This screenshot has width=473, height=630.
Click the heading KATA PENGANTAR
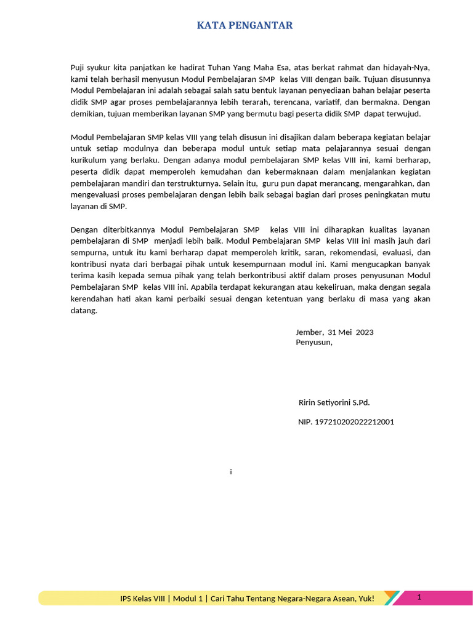tap(245, 25)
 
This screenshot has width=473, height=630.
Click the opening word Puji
tap(78, 68)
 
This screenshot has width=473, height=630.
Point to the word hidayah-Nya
tap(409, 68)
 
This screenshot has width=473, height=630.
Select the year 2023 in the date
tap(364, 332)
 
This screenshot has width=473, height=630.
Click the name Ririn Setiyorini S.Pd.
tap(334, 403)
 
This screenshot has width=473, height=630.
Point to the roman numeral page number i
tap(230, 472)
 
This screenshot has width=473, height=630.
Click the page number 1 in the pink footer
tap(419, 597)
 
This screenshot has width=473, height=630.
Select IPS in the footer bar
tap(127, 599)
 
